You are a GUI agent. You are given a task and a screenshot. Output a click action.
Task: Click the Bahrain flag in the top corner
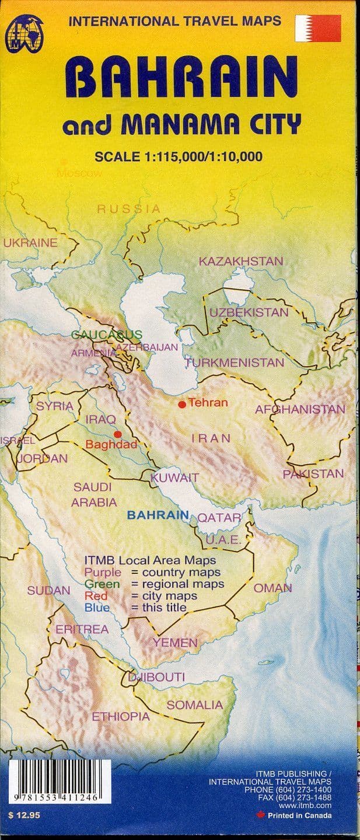point(318,29)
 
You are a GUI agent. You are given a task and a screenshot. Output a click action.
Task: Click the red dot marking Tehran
point(182,404)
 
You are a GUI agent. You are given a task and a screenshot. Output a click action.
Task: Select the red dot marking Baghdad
point(118,434)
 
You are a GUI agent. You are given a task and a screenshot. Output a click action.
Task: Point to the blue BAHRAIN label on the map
point(158,515)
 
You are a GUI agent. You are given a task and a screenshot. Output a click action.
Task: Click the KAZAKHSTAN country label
point(240,262)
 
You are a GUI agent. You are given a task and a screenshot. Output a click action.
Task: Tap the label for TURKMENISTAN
point(235,363)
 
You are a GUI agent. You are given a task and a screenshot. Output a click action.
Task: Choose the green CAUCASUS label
point(106,334)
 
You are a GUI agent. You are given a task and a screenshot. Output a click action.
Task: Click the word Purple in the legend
point(103,571)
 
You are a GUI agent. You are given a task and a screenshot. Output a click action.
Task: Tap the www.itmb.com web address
point(309,806)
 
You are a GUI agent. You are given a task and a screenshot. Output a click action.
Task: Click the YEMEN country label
point(175,643)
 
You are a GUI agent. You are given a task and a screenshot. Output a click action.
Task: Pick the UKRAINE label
point(30,243)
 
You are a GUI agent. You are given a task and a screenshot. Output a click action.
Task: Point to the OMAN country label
point(272,588)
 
